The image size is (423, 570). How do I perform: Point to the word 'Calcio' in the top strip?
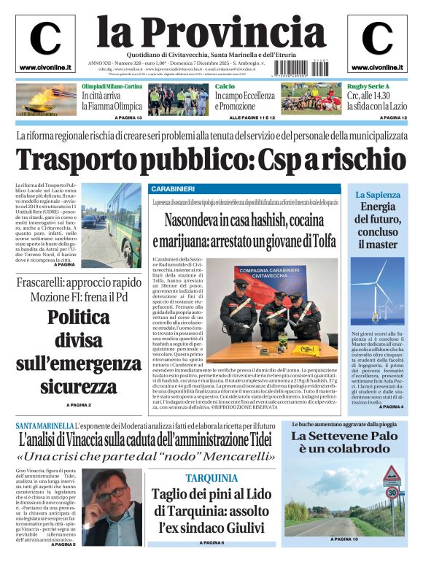coord(225,87)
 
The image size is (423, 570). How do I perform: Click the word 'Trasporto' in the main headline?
coord(80,160)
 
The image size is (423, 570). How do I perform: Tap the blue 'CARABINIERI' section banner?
coord(173,189)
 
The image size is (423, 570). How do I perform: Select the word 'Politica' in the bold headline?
coord(79,317)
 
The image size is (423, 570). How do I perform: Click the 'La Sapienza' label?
coord(378,195)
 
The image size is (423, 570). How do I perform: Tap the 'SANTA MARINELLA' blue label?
coord(44,425)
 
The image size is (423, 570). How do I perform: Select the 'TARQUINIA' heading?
coord(211,478)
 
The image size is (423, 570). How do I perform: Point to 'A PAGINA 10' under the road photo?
coord(345,560)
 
